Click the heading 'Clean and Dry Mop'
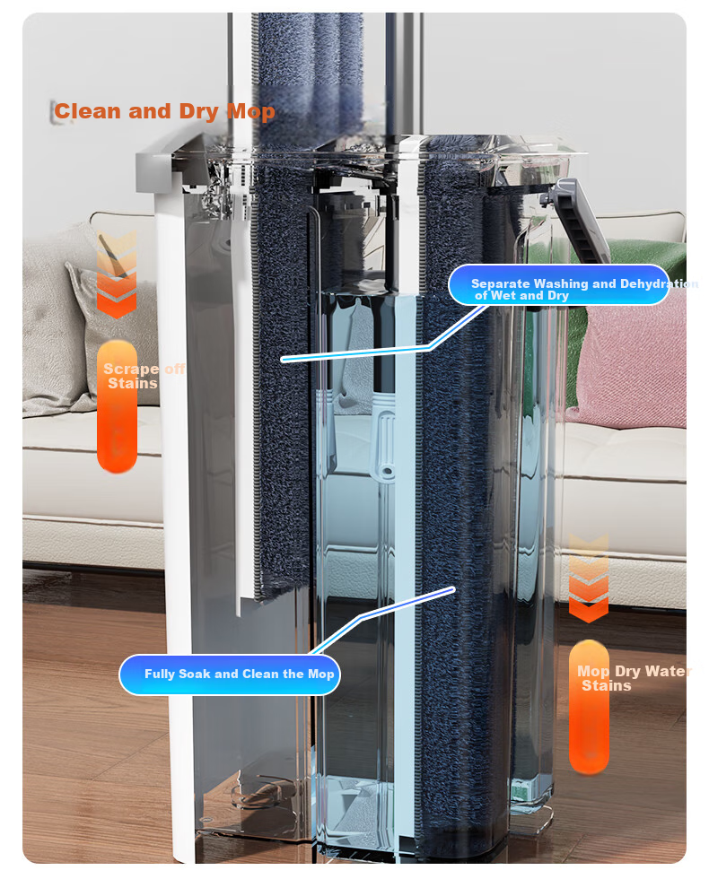164,111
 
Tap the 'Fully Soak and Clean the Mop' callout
230,674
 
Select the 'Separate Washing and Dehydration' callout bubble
559,285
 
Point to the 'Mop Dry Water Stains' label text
634,678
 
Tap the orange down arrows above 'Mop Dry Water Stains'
589,578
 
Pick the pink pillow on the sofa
631,359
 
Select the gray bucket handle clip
578,221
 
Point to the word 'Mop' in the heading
250,111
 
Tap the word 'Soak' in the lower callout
196,674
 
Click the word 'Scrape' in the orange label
131,369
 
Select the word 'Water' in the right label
668,671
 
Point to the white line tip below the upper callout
283,360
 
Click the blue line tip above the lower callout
452,588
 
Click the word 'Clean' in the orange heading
88,110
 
